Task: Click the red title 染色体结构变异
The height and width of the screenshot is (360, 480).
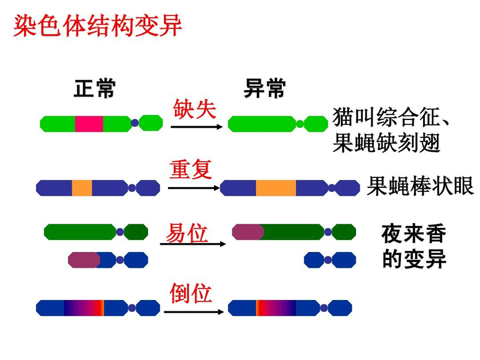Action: click(97, 27)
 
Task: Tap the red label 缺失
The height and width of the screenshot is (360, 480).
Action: click(194, 109)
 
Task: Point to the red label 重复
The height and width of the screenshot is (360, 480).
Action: click(191, 169)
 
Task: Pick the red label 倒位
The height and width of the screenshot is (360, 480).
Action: click(191, 294)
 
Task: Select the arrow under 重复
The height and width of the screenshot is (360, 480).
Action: click(193, 188)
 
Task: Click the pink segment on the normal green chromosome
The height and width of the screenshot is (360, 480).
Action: click(89, 124)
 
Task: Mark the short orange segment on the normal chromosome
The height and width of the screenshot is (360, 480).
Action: click(82, 188)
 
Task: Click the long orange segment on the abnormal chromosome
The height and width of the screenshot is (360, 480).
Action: click(276, 188)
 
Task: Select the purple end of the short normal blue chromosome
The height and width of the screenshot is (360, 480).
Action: click(83, 260)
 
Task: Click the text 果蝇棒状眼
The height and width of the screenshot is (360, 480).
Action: click(421, 187)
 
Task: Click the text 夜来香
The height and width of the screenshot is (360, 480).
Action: click(414, 234)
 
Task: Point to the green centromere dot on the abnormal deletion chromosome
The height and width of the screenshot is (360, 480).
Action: click(300, 124)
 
